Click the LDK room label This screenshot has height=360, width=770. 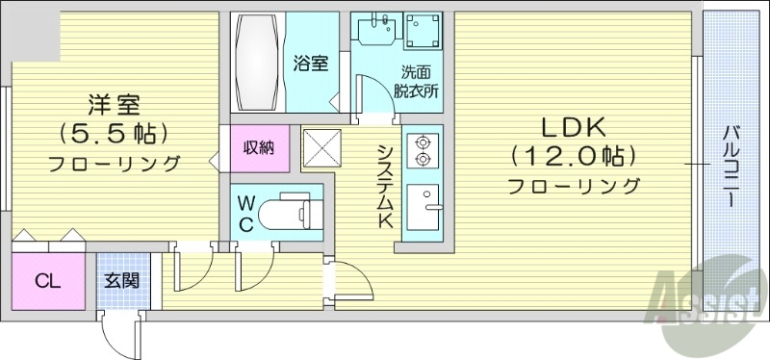click(575, 126)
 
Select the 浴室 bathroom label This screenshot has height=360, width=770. click(310, 64)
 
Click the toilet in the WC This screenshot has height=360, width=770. click(290, 211)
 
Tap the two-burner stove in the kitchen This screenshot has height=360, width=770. click(422, 149)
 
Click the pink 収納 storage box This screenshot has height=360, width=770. click(258, 147)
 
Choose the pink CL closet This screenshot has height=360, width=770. click(46, 281)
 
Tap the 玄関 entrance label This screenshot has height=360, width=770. click(122, 281)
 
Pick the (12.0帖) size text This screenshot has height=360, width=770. click(575, 155)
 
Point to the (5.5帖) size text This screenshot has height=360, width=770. click(114, 132)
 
